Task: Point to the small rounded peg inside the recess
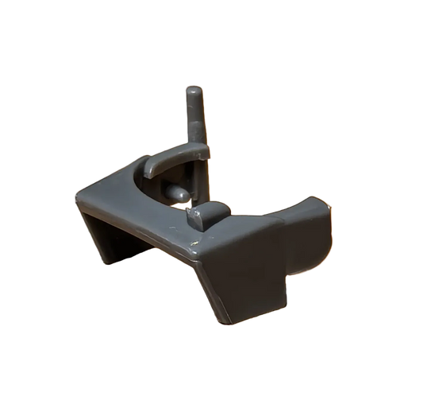pos(179,192)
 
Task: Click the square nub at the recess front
pos(207,213)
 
